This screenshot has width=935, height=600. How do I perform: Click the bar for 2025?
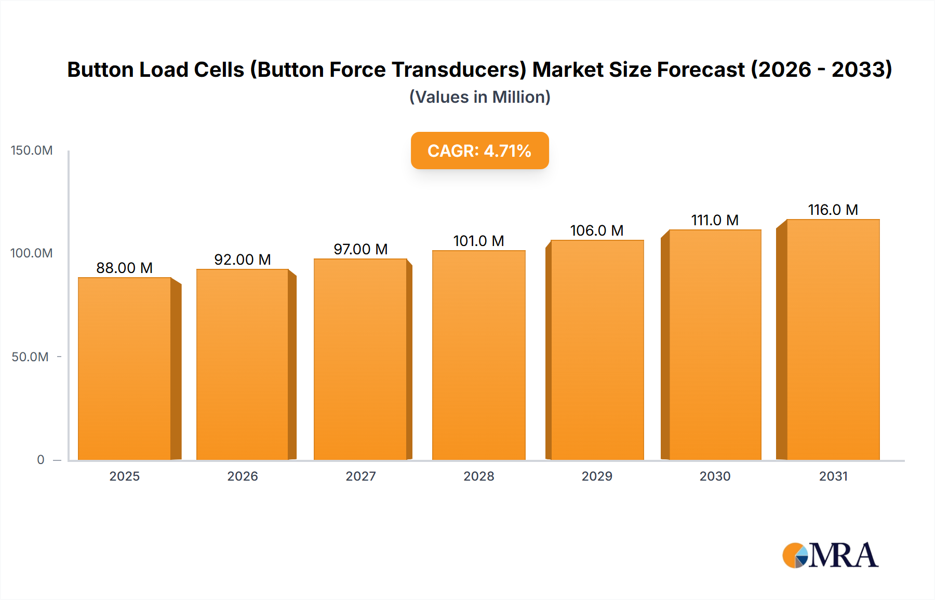tap(125, 369)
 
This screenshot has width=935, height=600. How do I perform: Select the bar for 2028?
tap(478, 356)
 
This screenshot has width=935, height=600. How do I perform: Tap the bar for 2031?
tap(833, 340)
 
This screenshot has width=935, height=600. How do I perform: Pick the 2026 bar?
tap(243, 364)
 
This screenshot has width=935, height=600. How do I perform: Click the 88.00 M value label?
tap(125, 268)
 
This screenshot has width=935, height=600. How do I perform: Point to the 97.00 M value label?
tap(360, 249)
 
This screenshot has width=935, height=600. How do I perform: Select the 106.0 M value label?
tap(596, 230)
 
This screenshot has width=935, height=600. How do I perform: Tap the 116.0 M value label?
tap(833, 210)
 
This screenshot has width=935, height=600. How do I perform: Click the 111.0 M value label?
tap(715, 220)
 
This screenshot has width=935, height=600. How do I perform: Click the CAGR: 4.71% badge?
tap(479, 151)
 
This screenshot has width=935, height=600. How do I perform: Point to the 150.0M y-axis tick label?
tap(32, 151)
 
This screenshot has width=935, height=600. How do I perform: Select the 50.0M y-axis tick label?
tap(30, 357)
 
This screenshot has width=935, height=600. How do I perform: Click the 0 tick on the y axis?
tap(41, 460)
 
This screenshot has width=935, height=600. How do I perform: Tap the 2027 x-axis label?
tap(360, 476)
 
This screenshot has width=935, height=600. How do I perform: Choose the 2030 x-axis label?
tap(715, 476)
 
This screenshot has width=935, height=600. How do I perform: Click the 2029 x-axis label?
tap(596, 476)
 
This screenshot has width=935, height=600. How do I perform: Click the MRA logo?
tap(830, 555)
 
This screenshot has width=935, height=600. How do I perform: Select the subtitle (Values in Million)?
tap(479, 97)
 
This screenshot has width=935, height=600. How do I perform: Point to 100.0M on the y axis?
tap(32, 253)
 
